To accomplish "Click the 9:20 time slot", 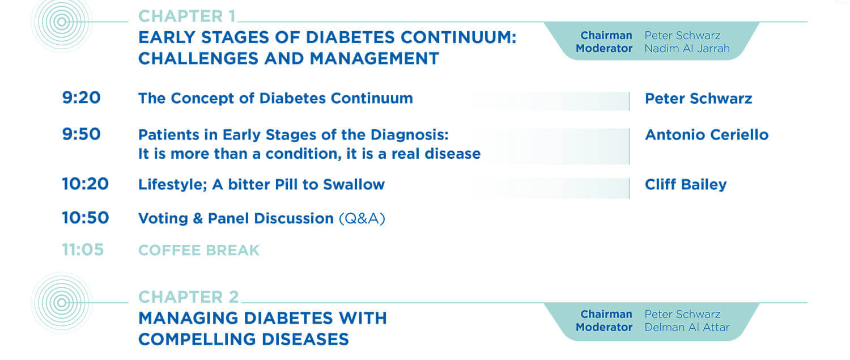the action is [81, 98].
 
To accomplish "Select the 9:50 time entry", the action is [81, 134].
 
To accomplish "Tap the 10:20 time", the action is [86, 184].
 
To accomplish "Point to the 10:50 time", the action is [86, 218].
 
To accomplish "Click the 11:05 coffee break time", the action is [83, 250].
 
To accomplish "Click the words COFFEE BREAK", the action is [199, 250].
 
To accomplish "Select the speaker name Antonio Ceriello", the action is [707, 135].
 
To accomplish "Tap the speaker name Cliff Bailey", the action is [686, 185].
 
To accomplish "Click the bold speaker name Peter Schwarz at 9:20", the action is [698, 98].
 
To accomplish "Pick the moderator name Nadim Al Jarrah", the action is [687, 49].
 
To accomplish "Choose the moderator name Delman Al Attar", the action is [687, 327].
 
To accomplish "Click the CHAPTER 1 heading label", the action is [187, 16].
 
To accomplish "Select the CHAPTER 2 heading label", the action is [189, 297].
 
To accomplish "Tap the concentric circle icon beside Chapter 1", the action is [61, 22].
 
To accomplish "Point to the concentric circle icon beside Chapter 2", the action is [61, 303].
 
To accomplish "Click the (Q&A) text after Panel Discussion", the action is [362, 218].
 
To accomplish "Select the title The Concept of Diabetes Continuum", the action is [275, 98].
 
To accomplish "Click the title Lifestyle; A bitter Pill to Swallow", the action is [261, 185].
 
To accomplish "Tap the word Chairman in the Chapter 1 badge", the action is [606, 35].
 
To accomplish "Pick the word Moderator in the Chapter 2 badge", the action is [604, 327].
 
